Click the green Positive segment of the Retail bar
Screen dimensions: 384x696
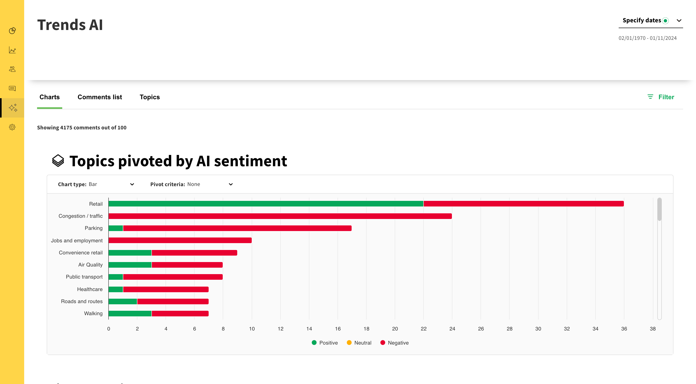tap(266, 204)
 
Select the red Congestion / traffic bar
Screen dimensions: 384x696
tap(280, 216)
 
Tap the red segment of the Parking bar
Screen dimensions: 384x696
tap(237, 228)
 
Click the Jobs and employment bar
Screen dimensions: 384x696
tap(180, 240)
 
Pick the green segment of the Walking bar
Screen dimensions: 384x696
tap(130, 314)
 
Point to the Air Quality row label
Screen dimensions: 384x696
tap(90, 265)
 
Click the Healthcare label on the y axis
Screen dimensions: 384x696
tap(90, 289)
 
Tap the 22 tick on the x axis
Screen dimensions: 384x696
tap(423, 329)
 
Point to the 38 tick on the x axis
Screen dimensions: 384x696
tap(652, 329)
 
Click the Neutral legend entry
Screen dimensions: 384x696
tap(359, 343)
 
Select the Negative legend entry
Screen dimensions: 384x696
tap(395, 343)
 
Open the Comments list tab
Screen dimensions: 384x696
tap(100, 97)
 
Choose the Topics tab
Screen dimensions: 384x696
tap(150, 97)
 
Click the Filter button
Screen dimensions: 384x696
tap(661, 97)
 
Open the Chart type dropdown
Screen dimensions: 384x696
tap(96, 184)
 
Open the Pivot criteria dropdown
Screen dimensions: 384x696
tap(191, 184)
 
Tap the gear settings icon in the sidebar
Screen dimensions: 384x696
tap(12, 127)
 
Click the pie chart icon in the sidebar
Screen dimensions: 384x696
tap(12, 31)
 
